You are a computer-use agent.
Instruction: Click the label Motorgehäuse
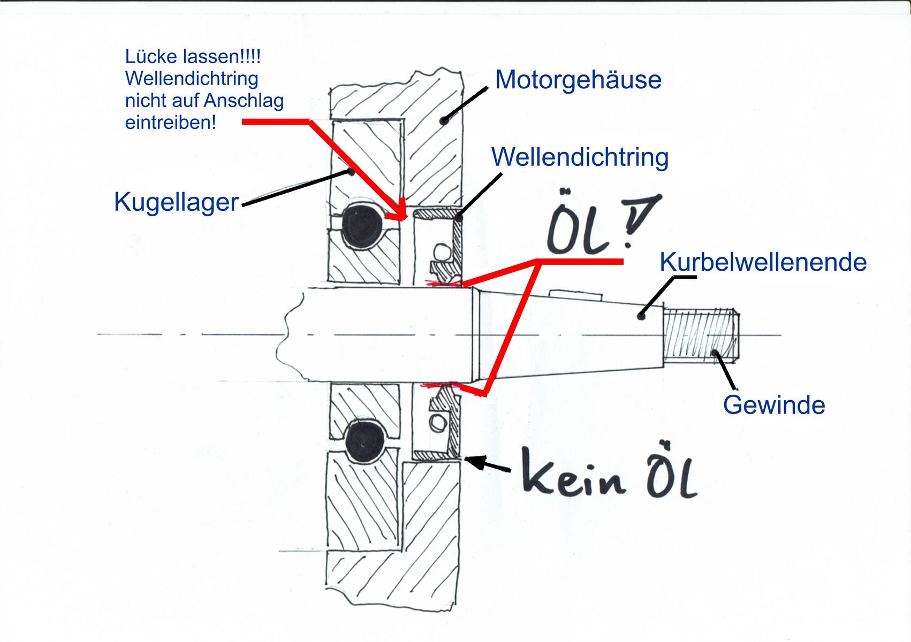click(578, 80)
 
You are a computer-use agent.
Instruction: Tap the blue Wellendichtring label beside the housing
click(580, 157)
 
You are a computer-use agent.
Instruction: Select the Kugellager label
click(176, 202)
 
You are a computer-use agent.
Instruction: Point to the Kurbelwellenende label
click(763, 262)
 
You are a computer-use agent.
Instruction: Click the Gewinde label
click(774, 405)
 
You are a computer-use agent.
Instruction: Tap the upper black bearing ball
click(362, 225)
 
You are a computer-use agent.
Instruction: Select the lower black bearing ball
click(365, 442)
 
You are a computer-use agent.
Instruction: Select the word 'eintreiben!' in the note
click(171, 123)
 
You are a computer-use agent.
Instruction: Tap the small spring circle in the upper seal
click(443, 251)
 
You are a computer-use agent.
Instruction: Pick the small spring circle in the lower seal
click(438, 423)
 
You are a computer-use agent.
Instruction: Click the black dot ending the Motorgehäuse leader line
click(444, 121)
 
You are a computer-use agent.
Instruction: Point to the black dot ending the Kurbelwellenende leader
click(641, 316)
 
